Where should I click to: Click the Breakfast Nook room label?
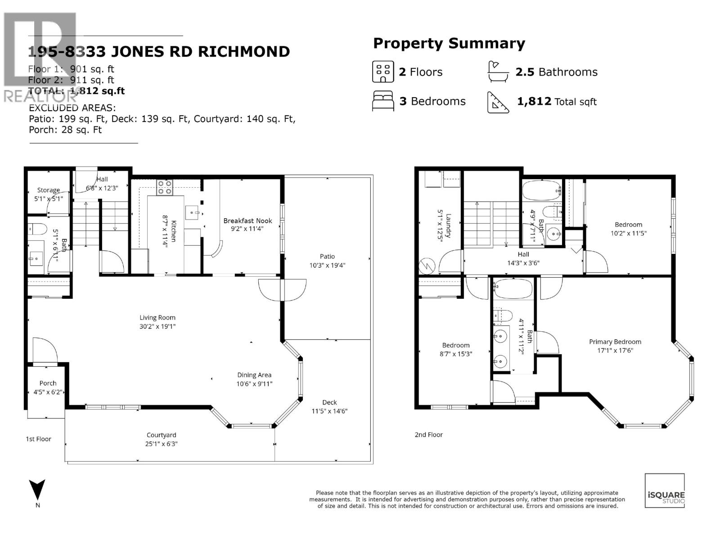tap(247, 220)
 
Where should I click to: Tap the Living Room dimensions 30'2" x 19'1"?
tap(157, 326)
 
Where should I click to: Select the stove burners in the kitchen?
tap(165, 187)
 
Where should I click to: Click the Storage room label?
tap(48, 190)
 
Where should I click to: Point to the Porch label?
tap(48, 383)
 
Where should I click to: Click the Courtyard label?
tap(161, 435)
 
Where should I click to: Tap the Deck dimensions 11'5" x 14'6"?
tap(329, 411)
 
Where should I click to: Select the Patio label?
tap(327, 256)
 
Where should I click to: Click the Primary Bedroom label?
tap(615, 342)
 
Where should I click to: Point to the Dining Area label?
tap(254, 375)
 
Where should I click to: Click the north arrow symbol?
tap(37, 490)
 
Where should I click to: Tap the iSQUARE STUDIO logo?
tap(665, 490)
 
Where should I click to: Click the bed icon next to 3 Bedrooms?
tap(383, 101)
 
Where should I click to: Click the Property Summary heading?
tap(449, 44)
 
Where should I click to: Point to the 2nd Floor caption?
tap(428, 435)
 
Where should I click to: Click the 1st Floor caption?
tap(38, 439)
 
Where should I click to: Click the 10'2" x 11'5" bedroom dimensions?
tap(628, 234)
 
